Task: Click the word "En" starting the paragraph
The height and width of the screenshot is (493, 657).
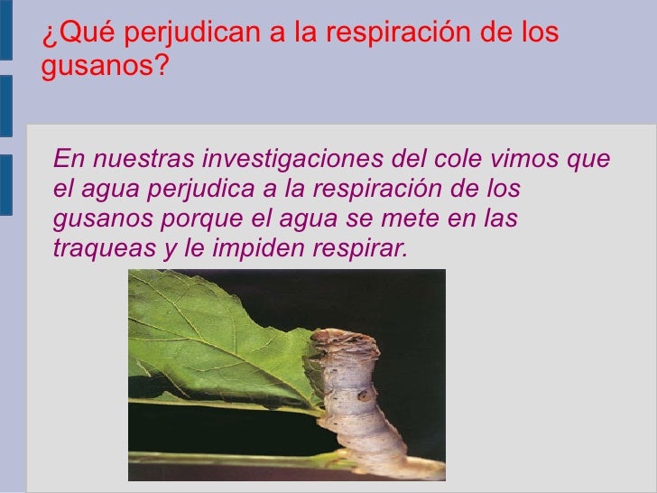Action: click(66, 160)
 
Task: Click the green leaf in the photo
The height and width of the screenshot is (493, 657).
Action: click(217, 343)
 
